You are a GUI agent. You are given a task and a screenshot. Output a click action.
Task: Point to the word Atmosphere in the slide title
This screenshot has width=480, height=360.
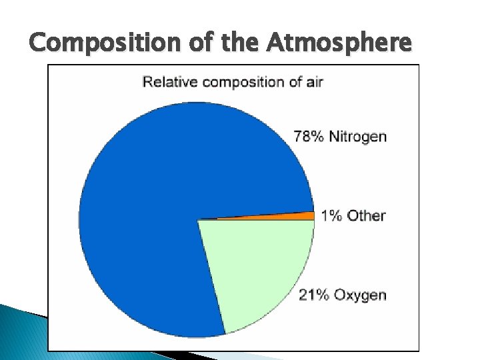point(341,44)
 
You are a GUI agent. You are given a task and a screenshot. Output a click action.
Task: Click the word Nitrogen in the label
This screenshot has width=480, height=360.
point(358,137)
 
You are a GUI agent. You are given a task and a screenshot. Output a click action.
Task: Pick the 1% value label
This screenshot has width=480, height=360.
point(332,215)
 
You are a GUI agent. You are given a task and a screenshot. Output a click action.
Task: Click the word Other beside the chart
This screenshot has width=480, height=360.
point(366,215)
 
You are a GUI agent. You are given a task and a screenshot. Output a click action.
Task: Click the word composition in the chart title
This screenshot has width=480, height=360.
point(245,82)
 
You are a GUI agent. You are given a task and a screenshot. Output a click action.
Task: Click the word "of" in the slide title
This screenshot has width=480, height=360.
point(197,44)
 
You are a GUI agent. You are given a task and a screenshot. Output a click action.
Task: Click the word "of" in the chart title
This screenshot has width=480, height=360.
point(293,82)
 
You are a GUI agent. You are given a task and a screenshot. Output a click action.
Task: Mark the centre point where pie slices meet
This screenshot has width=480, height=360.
point(198,219)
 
